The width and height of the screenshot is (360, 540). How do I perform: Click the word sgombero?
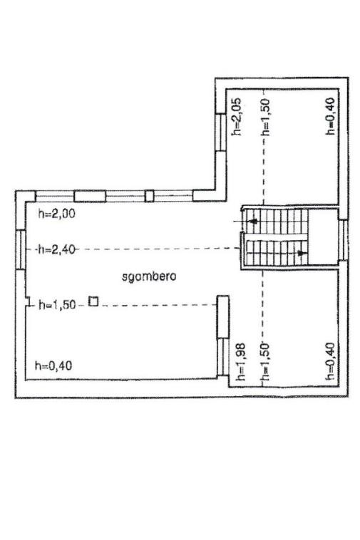[x=149, y=276]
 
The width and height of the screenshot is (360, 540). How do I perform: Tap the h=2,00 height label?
[x=56, y=214]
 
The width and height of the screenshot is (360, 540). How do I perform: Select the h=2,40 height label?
[x=56, y=249]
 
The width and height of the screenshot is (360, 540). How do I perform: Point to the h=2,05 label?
[x=237, y=117]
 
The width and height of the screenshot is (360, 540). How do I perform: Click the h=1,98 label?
[x=240, y=362]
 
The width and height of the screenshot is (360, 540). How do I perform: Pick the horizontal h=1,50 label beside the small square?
[x=57, y=305]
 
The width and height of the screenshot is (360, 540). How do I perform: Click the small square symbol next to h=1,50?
[x=93, y=301]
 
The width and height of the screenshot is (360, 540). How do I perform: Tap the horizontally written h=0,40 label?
[x=53, y=365]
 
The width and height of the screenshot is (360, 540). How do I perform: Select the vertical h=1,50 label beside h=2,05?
[x=265, y=117]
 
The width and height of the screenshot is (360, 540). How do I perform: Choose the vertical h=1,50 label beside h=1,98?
[x=265, y=362]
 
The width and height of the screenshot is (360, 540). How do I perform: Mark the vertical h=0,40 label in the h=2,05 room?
[x=330, y=116]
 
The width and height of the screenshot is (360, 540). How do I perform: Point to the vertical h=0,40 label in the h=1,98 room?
[x=330, y=361]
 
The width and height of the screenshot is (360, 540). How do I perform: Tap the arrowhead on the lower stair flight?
[x=302, y=253]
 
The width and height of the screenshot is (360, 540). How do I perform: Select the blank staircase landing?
[x=323, y=237]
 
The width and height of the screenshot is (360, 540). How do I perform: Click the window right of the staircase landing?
[x=343, y=240]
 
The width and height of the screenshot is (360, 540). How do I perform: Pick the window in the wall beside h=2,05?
[x=220, y=133]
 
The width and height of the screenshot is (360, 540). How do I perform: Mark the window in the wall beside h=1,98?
[x=223, y=357]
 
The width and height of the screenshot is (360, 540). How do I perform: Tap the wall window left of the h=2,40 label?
[x=21, y=249]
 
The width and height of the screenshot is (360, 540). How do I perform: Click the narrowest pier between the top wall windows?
[x=149, y=196]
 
